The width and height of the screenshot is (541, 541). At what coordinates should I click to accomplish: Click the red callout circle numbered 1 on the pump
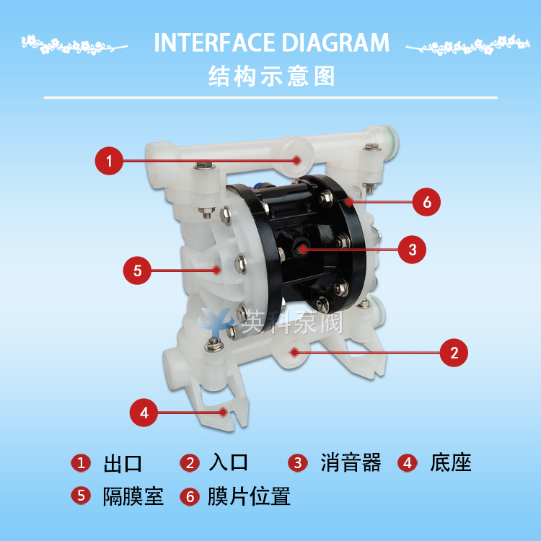[109, 161]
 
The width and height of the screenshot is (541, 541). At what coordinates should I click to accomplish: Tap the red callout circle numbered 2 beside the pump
[454, 353]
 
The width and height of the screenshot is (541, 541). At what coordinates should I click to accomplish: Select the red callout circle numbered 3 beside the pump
[412, 250]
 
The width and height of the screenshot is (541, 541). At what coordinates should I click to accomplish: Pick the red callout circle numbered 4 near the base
[144, 413]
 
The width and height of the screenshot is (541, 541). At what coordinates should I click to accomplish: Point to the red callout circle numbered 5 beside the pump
[137, 270]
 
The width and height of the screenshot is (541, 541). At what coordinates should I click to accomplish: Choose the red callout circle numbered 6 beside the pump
[426, 202]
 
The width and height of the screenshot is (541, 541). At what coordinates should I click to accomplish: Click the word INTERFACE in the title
[215, 43]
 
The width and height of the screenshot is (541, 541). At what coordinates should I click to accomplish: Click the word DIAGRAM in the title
[335, 43]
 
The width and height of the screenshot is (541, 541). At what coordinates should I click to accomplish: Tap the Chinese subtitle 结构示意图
[271, 76]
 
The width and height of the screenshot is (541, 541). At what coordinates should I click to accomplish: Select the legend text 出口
[123, 463]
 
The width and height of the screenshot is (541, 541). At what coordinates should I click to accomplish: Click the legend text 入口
[229, 462]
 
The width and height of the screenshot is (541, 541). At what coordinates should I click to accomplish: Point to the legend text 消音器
[351, 462]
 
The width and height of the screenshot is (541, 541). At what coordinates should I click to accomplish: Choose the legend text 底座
[451, 462]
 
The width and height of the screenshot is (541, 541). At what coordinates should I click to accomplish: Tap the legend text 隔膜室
[133, 496]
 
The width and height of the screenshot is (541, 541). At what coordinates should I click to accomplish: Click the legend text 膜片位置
[249, 496]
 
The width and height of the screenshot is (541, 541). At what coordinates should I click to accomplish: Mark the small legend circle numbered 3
[298, 462]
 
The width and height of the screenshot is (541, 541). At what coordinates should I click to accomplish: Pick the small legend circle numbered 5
[81, 496]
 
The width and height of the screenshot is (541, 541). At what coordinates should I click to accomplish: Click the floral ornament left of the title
[74, 45]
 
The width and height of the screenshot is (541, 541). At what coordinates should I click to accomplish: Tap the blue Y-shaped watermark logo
[215, 322]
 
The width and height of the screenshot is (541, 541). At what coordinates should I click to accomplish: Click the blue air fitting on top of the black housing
[257, 186]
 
